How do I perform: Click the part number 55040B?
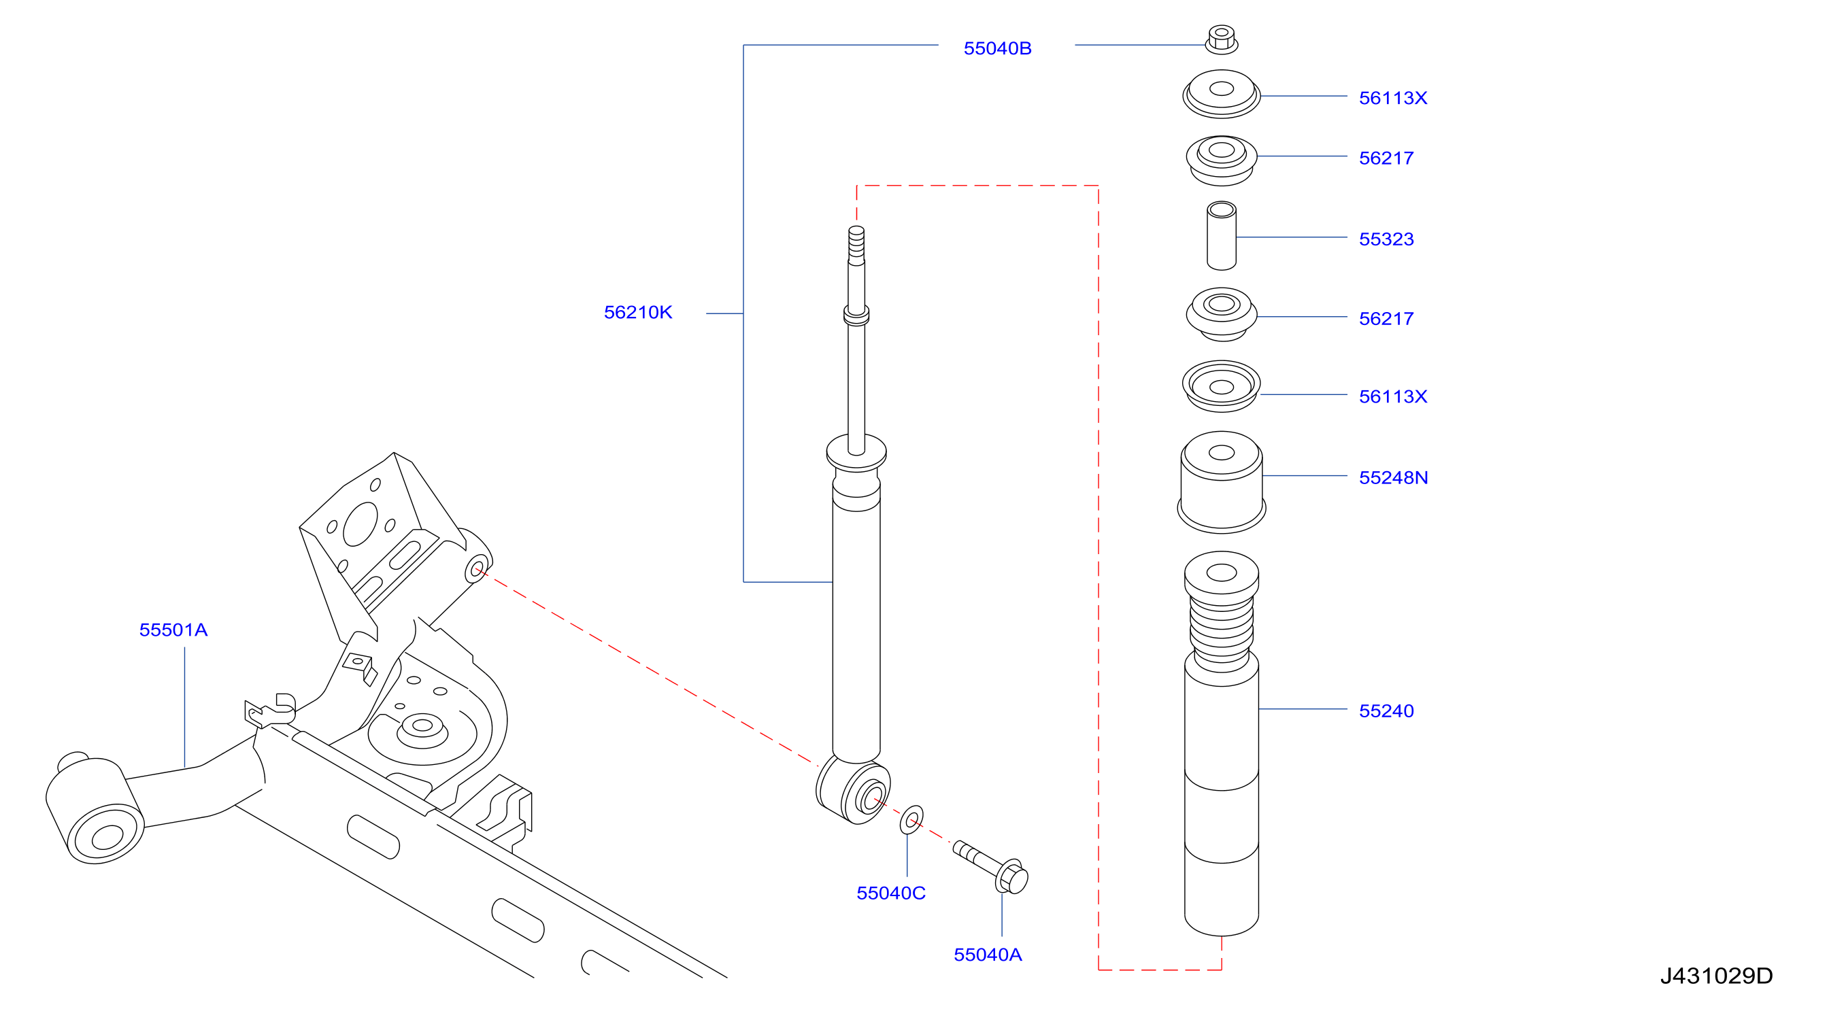(997, 48)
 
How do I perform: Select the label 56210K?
(638, 312)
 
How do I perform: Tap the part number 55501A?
(173, 630)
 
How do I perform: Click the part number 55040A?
(987, 955)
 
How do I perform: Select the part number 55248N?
(1393, 477)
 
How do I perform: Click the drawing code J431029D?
(1716, 976)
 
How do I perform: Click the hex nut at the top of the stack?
(1221, 39)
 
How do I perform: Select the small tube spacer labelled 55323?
(1221, 235)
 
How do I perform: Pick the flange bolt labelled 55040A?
(991, 867)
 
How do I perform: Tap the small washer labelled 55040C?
(911, 820)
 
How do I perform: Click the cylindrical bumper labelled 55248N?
(1221, 481)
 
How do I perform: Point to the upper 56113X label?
(1392, 97)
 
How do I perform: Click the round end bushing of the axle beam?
(95, 810)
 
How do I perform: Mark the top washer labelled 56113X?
(1221, 94)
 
